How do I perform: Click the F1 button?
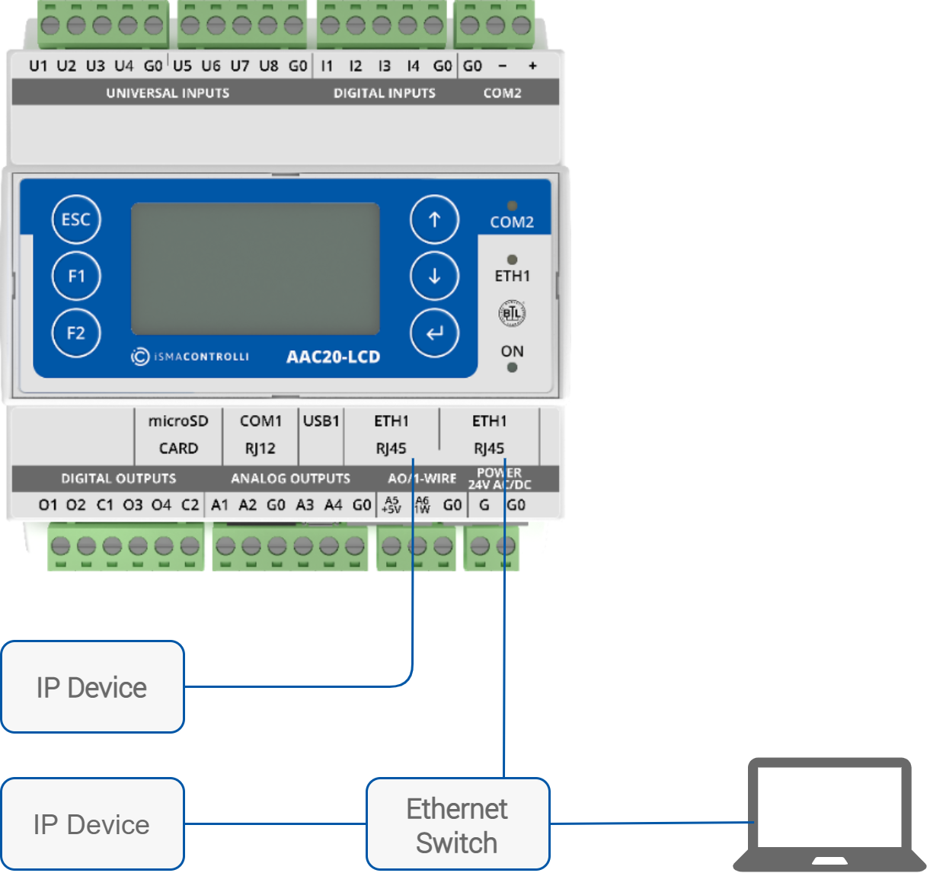tap(76, 276)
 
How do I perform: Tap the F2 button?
tap(76, 333)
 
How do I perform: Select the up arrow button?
tap(434, 219)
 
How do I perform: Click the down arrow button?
tap(434, 276)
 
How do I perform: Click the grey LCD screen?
tap(255, 268)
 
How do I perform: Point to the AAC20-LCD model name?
tap(333, 357)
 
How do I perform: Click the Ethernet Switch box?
tap(457, 824)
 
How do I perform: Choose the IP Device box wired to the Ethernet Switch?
tap(92, 823)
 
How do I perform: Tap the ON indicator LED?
tap(512, 368)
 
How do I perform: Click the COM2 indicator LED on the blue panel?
tap(512, 206)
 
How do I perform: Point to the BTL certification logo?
tap(512, 313)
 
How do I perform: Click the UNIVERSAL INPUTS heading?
tap(168, 93)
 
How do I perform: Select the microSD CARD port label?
tap(178, 434)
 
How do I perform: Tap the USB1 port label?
tap(321, 421)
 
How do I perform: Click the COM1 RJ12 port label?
tap(260, 434)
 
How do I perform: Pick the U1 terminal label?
tap(38, 66)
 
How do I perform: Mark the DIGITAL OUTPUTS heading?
tap(119, 478)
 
